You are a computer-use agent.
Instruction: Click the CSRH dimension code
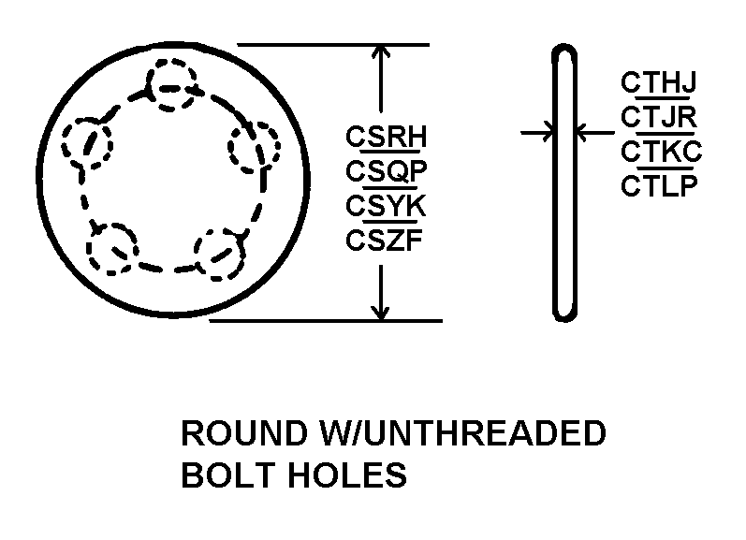(x=386, y=138)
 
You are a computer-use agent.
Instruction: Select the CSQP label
(x=386, y=171)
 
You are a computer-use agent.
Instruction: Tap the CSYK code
(x=386, y=205)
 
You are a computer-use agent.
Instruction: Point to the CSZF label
(x=385, y=240)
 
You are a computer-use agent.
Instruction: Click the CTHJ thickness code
(x=658, y=83)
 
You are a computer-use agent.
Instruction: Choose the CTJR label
(x=658, y=117)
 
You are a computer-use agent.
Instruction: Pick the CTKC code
(x=661, y=151)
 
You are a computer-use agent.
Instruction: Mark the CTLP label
(x=659, y=185)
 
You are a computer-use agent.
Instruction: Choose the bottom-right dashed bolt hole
(x=220, y=253)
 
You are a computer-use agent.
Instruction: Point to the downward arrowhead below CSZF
(x=380, y=310)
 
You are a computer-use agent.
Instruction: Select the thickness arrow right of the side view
(x=588, y=134)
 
